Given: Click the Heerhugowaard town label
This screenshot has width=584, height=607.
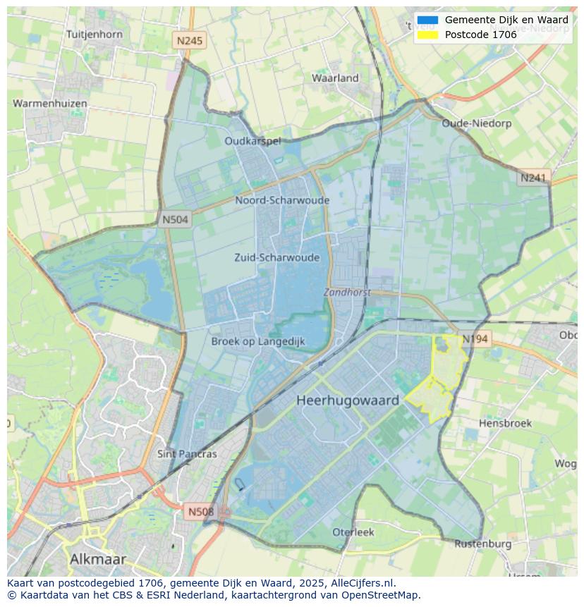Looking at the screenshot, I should (x=348, y=400).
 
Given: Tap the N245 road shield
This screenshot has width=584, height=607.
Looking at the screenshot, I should (x=189, y=41).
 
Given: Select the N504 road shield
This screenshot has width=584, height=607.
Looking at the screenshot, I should (x=175, y=220).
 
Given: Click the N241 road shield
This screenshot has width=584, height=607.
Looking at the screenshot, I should (x=533, y=178).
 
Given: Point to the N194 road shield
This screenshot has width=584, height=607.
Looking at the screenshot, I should (x=475, y=339).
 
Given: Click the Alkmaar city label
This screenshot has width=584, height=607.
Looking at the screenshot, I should (x=98, y=559).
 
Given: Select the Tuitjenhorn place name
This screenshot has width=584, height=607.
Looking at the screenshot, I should (x=94, y=34).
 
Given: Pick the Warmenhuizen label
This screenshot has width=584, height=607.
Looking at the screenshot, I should (x=50, y=104).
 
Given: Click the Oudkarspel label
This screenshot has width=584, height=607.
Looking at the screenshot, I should (x=253, y=141).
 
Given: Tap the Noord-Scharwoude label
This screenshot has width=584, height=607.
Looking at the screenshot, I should (x=282, y=200).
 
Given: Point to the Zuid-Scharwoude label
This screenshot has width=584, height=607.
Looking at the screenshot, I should (x=276, y=257).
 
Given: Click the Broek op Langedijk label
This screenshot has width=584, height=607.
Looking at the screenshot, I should (x=258, y=341).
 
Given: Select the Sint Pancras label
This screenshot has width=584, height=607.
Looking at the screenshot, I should (x=187, y=454).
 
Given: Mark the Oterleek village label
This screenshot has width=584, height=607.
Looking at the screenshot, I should (x=353, y=532).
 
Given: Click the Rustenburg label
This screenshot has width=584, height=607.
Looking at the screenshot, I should (x=482, y=544).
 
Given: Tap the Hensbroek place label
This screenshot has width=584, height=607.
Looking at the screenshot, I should (x=505, y=423).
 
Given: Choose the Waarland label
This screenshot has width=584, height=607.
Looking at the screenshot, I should (x=335, y=78).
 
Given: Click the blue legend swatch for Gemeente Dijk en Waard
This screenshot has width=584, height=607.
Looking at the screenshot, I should (x=427, y=20).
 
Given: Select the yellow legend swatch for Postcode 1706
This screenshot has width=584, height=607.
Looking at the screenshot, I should (x=427, y=35).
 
